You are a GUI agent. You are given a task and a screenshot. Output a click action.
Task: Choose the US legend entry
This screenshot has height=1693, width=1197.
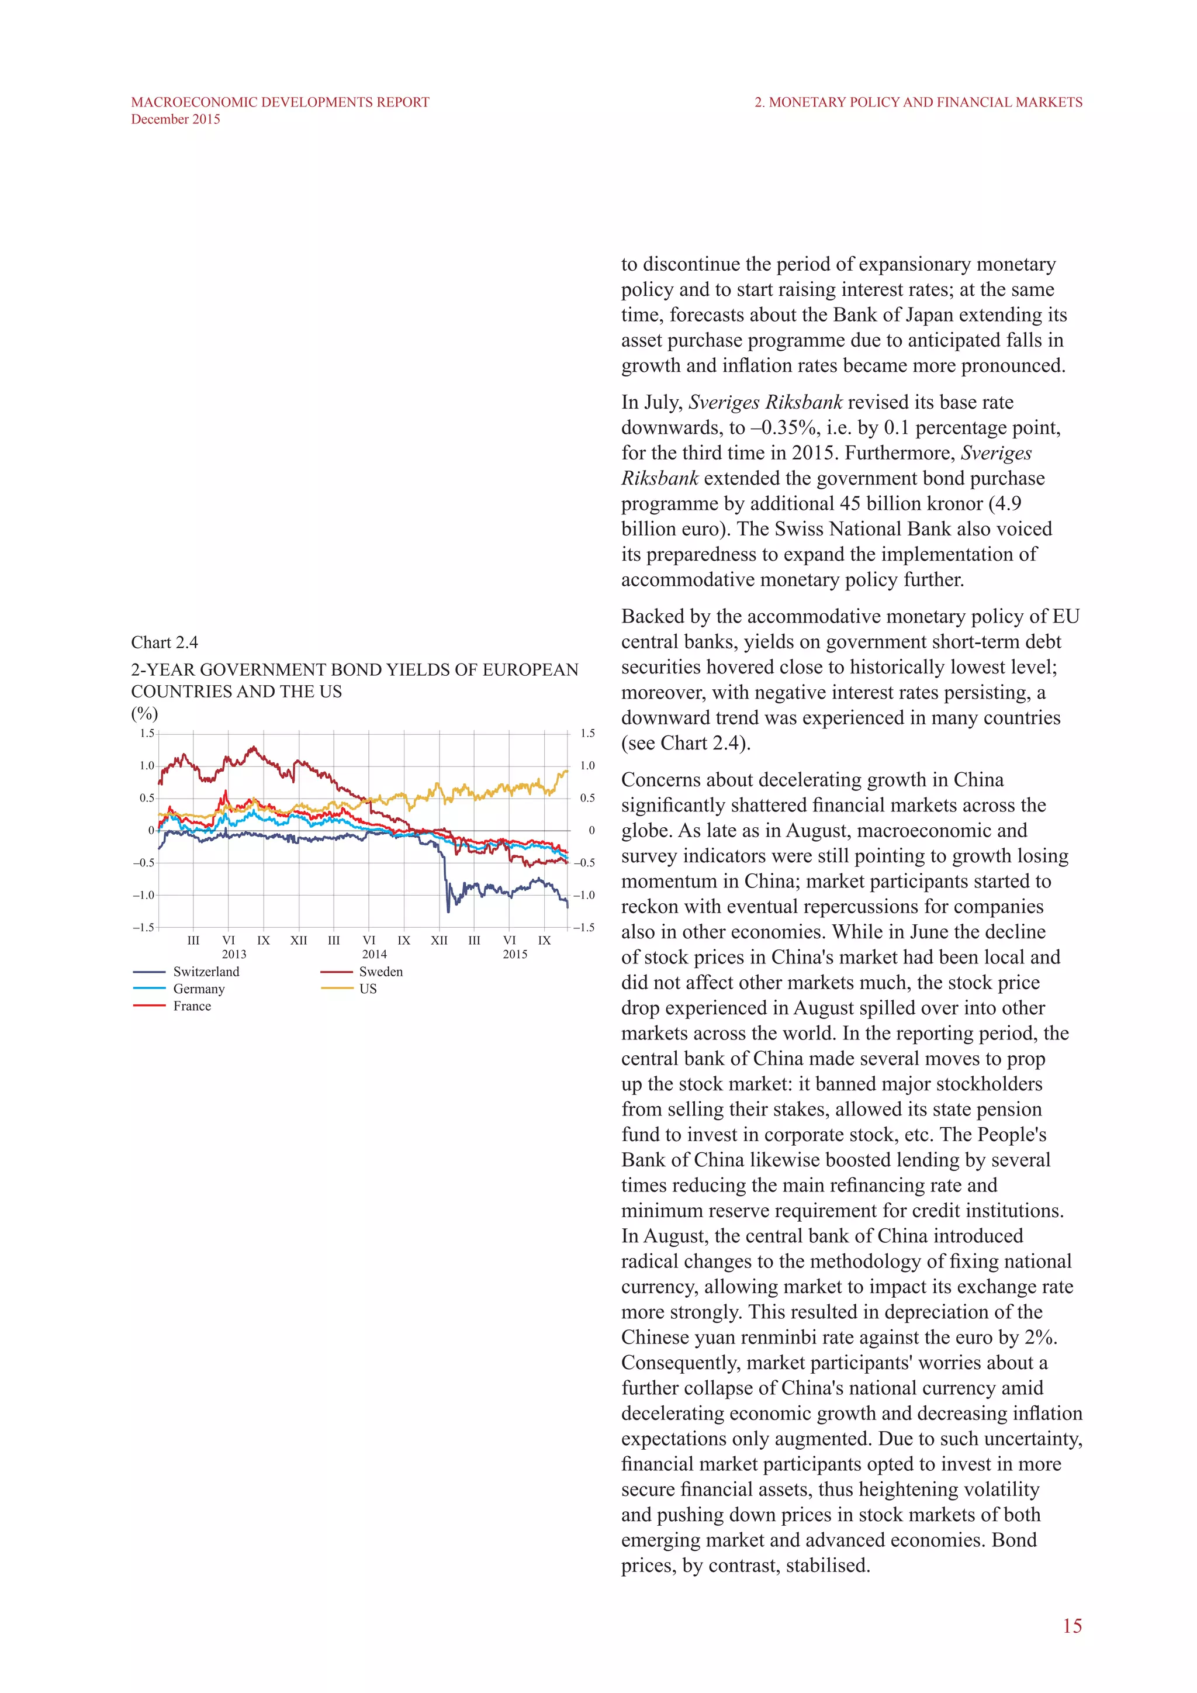click(368, 989)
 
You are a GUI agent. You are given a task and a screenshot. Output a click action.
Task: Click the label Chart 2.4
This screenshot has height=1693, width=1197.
click(164, 642)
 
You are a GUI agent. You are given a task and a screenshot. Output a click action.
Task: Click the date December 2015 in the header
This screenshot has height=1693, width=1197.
click(175, 119)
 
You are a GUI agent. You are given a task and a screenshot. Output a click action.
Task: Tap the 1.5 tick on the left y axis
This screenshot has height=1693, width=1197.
click(147, 733)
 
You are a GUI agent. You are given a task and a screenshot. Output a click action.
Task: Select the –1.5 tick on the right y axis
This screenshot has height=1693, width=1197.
click(584, 928)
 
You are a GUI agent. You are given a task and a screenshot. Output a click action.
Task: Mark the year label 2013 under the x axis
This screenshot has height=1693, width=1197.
click(234, 954)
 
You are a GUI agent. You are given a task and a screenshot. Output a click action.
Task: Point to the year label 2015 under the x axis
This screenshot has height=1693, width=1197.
click(514, 954)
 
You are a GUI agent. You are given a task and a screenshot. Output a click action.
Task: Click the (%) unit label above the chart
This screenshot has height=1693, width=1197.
click(144, 713)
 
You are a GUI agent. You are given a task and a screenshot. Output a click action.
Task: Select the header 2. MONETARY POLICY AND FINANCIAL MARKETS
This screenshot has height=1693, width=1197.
click(918, 102)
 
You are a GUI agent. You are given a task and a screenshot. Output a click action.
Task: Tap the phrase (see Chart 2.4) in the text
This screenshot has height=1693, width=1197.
click(686, 743)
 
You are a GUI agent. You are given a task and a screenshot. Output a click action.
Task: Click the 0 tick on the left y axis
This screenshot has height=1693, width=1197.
click(151, 830)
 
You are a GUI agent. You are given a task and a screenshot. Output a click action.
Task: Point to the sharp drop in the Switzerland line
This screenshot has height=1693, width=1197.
click(446, 881)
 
